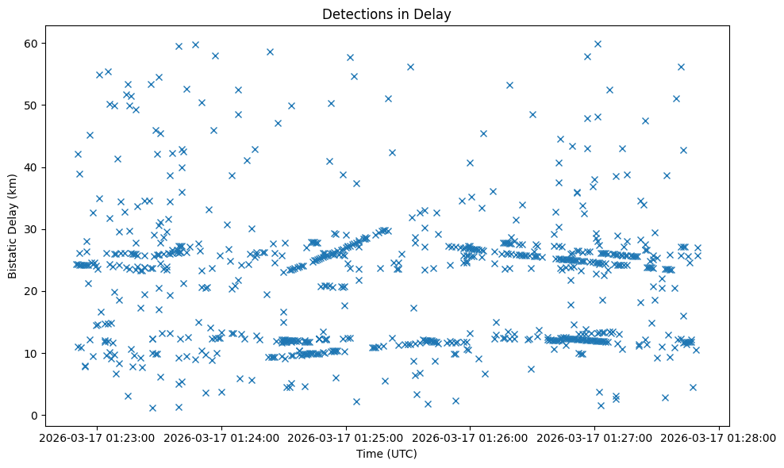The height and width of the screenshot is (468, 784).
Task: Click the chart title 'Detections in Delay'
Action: pos(387,13)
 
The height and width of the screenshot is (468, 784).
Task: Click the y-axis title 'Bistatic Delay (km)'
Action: pos(13,226)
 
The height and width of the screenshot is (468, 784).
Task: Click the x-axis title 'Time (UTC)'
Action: pos(387,455)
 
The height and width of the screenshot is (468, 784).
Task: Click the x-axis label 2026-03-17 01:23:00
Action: pos(98,437)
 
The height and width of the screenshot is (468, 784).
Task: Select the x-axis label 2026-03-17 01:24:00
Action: pos(222,437)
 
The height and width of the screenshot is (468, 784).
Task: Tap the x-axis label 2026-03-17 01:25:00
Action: pos(347,437)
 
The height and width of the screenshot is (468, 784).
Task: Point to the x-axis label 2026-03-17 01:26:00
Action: pos(471,437)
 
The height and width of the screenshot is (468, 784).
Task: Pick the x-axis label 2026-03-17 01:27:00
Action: pos(595,437)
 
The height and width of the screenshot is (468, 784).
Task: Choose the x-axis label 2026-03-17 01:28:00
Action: pos(719,437)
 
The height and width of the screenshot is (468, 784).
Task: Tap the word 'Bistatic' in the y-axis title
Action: pos(13,256)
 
